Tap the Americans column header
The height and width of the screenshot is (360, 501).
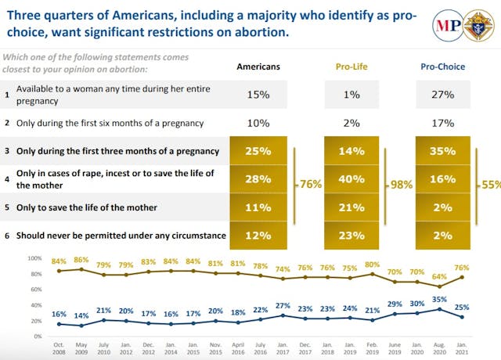pyautogui.click(x=258, y=67)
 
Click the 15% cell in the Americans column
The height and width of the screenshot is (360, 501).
pyautogui.click(x=258, y=95)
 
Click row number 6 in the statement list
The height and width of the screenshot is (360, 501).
pyautogui.click(x=7, y=235)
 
